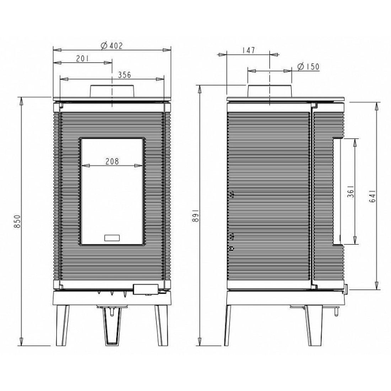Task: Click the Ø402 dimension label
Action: click(x=112, y=45)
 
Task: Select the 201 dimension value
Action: click(x=82, y=59)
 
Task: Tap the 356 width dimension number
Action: click(x=124, y=75)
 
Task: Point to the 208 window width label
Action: click(x=112, y=162)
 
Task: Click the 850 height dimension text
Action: click(x=17, y=221)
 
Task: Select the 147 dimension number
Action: click(x=248, y=50)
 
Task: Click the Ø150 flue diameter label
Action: click(x=309, y=66)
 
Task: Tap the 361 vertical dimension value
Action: click(x=351, y=191)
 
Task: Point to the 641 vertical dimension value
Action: click(x=372, y=196)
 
